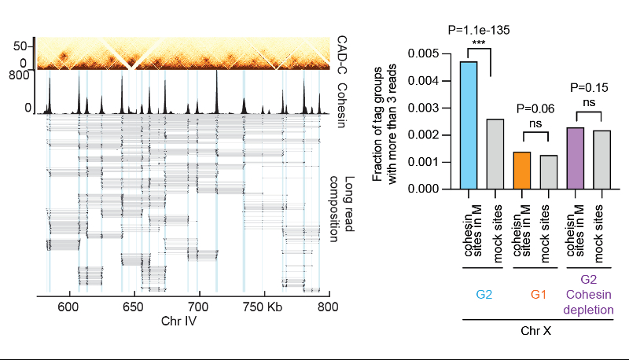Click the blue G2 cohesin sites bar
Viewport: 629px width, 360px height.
tap(469, 125)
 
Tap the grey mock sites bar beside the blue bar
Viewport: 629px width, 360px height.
tap(495, 154)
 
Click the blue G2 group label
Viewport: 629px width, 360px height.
tap(482, 294)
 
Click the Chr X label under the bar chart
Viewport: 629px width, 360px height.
tap(535, 332)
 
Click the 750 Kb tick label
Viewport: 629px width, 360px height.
tap(263, 307)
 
